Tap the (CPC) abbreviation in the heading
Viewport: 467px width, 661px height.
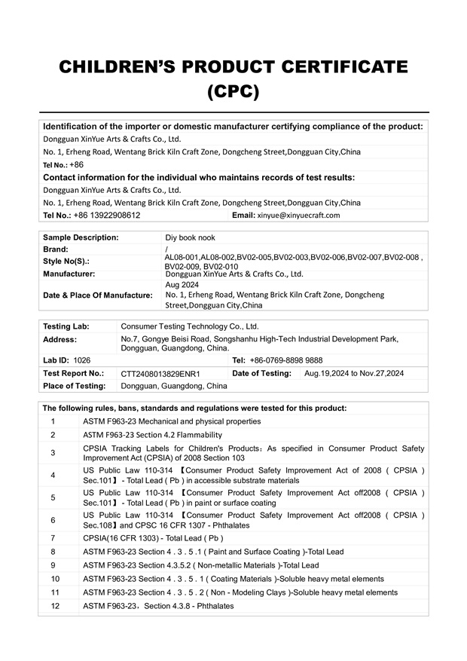click(233, 92)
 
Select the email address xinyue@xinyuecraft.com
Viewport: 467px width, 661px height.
click(298, 215)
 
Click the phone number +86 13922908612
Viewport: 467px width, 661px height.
click(106, 215)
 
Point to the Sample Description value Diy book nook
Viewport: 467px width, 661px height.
click(192, 237)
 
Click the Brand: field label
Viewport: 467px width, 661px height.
click(56, 249)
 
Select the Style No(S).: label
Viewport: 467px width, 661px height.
click(66, 261)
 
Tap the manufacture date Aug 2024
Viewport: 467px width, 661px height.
click(182, 286)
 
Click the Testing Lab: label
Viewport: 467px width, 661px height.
click(66, 326)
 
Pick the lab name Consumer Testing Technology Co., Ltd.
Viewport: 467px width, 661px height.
click(189, 326)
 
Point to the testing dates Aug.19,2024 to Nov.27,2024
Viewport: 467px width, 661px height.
click(353, 373)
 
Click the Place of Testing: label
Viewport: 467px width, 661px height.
click(75, 385)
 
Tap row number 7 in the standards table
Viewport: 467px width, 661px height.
click(53, 538)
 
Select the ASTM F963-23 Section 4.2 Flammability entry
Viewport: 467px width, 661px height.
click(152, 435)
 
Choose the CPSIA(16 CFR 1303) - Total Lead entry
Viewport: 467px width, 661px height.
click(153, 538)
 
